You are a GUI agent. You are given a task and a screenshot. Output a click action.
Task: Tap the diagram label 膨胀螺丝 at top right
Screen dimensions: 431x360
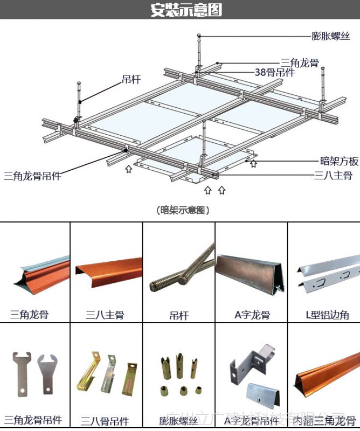(331, 36)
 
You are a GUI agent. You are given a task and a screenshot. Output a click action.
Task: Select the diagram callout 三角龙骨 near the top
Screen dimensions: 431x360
(300, 62)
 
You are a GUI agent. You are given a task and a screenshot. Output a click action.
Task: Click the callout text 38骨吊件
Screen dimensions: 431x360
(274, 73)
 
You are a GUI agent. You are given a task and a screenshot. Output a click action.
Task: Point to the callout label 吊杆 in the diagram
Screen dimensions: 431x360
(131, 80)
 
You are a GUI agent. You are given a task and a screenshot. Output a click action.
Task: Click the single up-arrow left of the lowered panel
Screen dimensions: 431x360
(128, 169)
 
